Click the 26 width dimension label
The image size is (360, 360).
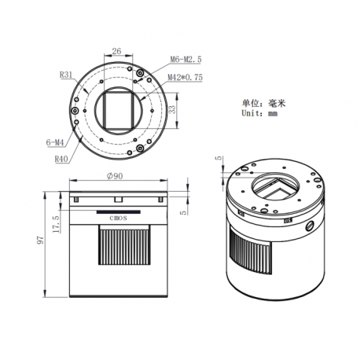(x=116, y=51)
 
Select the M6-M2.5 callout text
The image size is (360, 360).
(x=186, y=59)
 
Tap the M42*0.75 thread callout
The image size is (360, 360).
(x=186, y=77)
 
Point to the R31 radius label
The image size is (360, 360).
(x=66, y=75)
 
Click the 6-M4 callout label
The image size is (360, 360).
(x=55, y=142)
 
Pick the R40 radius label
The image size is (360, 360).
(x=61, y=159)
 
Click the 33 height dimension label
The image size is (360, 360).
(x=172, y=109)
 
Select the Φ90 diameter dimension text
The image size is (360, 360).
(x=115, y=176)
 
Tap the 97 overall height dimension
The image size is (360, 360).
(x=40, y=240)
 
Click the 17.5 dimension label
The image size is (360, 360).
(x=56, y=224)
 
